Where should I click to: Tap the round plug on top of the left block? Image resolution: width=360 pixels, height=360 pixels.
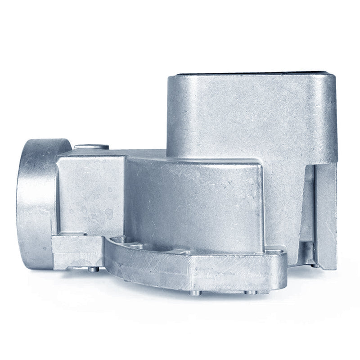[91, 147]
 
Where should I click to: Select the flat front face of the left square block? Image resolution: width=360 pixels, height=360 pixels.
[90, 193]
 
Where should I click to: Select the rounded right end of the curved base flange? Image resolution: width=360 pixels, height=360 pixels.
[281, 265]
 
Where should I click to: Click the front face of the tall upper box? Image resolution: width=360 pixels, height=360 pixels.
[252, 117]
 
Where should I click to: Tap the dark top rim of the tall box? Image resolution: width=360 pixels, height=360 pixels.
[252, 74]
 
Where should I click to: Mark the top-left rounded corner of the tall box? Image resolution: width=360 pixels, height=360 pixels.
[173, 81]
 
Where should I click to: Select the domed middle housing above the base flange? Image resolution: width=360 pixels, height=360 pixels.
[193, 198]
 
